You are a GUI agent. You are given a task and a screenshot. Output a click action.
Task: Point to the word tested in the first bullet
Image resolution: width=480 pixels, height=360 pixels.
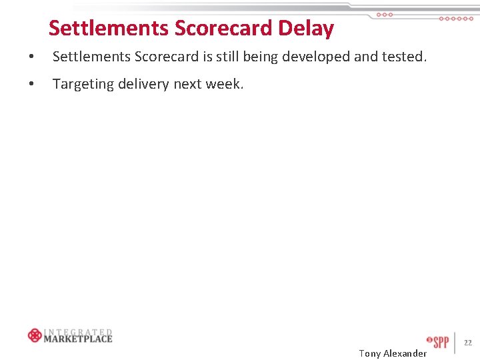(x=402, y=57)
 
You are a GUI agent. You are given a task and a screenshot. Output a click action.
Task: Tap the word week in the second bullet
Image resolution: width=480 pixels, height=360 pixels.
(x=225, y=85)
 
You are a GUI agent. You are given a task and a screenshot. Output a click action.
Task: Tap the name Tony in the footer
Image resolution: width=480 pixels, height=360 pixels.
(x=369, y=353)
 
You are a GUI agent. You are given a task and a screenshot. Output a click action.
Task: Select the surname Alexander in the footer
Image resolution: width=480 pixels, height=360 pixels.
(x=405, y=353)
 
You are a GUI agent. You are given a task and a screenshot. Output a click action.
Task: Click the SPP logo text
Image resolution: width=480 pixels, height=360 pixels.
(x=440, y=343)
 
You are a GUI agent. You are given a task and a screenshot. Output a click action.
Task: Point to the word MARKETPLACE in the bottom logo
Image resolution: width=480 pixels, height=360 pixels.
(x=78, y=339)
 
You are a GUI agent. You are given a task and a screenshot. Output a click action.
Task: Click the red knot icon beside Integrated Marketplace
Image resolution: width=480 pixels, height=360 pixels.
(x=35, y=335)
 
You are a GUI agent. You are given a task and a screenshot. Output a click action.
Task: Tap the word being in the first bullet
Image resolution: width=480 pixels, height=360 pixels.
(x=261, y=57)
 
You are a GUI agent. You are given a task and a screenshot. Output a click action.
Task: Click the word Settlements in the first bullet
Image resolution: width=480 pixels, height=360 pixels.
(x=91, y=57)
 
